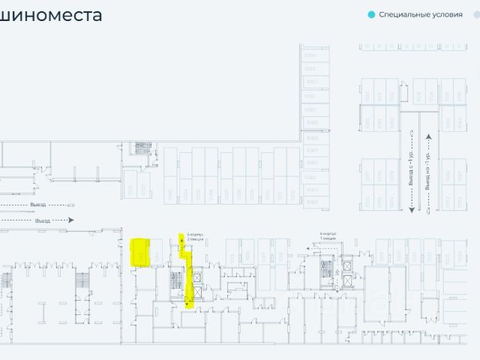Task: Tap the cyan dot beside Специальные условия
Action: tap(370, 14)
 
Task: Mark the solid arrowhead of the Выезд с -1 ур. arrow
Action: tap(412, 218)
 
